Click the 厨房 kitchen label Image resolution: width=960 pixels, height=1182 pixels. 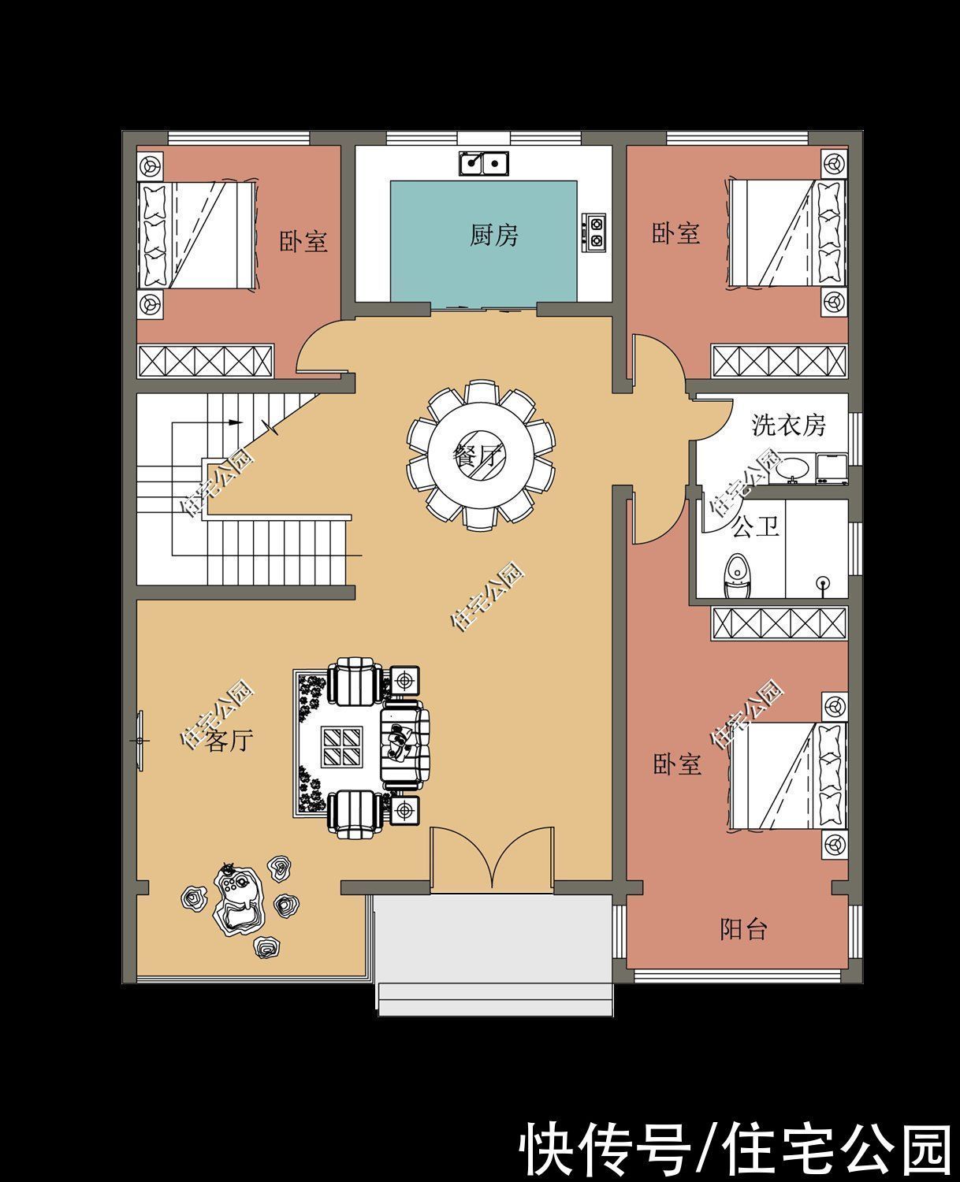[x=493, y=236]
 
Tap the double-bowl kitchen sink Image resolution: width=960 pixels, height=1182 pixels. [x=483, y=163]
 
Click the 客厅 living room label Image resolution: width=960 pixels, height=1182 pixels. [x=229, y=741]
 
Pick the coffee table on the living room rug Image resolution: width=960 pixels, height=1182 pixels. [x=342, y=745]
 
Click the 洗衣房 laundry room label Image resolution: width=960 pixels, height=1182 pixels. [x=788, y=426]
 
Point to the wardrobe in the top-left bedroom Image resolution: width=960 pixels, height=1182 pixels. [x=206, y=361]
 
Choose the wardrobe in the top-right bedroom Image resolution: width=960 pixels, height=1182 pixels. [x=779, y=361]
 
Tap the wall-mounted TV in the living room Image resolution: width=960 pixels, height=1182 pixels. [x=140, y=740]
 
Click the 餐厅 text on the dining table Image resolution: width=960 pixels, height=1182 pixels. [x=478, y=457]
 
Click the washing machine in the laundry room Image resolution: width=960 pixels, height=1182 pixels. [x=832, y=468]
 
